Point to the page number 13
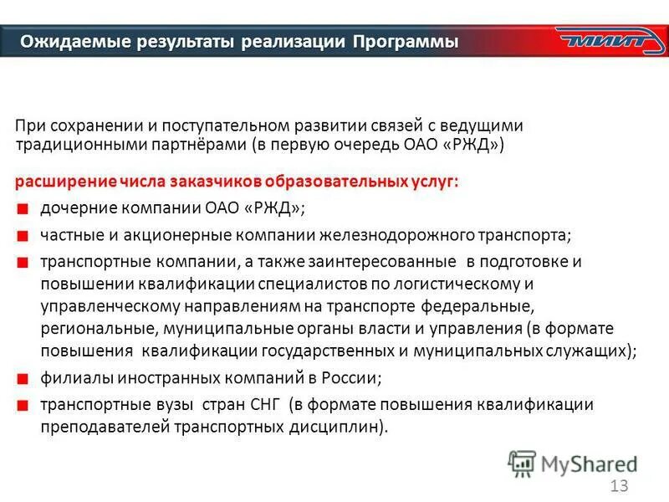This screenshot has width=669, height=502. tap(619, 487)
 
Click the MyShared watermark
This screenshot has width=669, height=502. tap(572, 464)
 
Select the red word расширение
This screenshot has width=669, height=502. tap(58, 182)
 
